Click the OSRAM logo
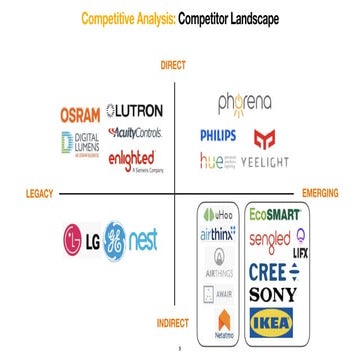81,112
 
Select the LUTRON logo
135,112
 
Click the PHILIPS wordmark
221,134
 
